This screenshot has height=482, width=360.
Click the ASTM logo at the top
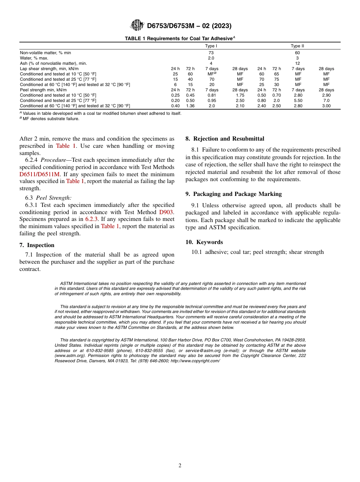(137, 25)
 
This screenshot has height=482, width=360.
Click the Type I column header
(211, 46)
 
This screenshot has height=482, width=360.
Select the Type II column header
(297, 46)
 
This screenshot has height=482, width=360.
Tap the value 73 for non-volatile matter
(211, 53)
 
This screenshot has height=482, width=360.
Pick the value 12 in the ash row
(297, 63)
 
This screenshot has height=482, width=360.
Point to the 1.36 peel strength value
(190, 106)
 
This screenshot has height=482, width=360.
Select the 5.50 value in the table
(298, 100)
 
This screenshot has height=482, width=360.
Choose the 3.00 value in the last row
(326, 106)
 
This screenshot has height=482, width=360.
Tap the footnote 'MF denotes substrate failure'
(51, 119)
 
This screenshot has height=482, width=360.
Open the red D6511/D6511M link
(39, 174)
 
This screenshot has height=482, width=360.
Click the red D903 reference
(166, 212)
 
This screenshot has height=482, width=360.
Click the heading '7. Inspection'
(37, 245)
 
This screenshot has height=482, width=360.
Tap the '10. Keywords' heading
(204, 242)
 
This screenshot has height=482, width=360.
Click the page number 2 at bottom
(180, 466)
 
